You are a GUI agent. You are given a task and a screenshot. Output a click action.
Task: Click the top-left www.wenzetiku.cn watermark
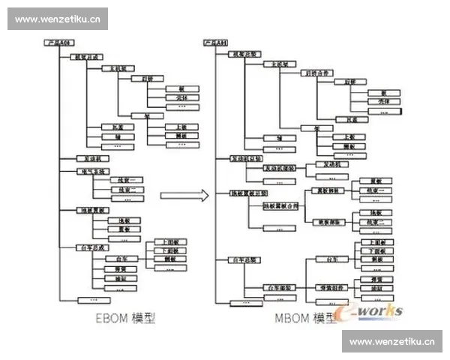pos(57,19)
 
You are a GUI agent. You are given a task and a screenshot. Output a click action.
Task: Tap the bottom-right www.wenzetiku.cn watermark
pos(392,341)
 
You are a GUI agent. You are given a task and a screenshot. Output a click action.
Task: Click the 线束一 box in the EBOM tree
pos(121,181)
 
